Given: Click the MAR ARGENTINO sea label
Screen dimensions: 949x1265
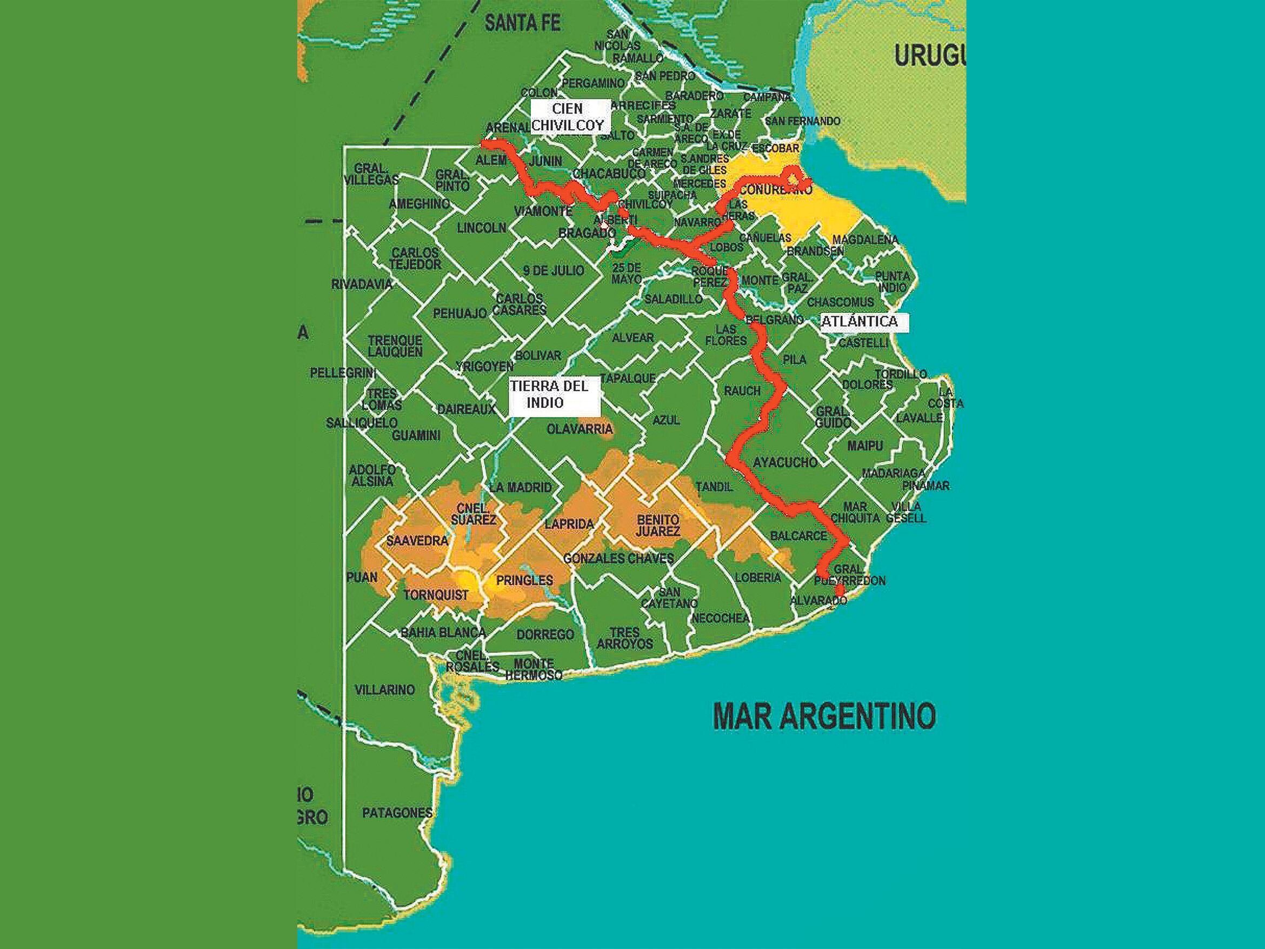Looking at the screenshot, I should pyautogui.click(x=824, y=716).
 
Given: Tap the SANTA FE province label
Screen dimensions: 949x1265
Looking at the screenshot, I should pyautogui.click(x=522, y=23).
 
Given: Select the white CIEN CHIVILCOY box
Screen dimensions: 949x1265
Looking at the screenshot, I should pyautogui.click(x=567, y=117).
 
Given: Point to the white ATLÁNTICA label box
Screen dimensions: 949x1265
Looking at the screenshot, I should pyautogui.click(x=860, y=322).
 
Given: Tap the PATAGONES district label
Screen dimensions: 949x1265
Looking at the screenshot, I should pyautogui.click(x=397, y=812).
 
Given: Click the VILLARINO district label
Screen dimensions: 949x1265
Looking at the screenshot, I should pyautogui.click(x=384, y=690).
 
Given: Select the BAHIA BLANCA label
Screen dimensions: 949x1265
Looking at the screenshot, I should pyautogui.click(x=443, y=633).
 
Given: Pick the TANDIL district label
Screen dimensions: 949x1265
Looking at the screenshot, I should pyautogui.click(x=714, y=487).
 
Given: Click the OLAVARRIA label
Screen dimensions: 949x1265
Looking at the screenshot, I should pyautogui.click(x=580, y=429).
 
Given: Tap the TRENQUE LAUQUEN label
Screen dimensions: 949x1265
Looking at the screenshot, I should pyautogui.click(x=395, y=346).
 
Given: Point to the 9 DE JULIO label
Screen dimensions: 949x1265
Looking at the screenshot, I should pyautogui.click(x=553, y=270).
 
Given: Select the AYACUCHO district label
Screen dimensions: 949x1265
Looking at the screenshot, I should pyautogui.click(x=785, y=462).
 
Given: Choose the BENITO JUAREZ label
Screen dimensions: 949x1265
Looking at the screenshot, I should pyautogui.click(x=658, y=525).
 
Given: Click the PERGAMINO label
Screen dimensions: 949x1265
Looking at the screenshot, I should pyautogui.click(x=592, y=83).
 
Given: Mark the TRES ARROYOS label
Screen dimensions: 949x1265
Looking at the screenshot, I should pyautogui.click(x=624, y=638).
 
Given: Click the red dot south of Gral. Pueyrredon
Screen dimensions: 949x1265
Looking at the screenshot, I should pyautogui.click(x=840, y=590).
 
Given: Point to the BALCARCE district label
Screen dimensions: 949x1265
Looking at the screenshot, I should pyautogui.click(x=798, y=536).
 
